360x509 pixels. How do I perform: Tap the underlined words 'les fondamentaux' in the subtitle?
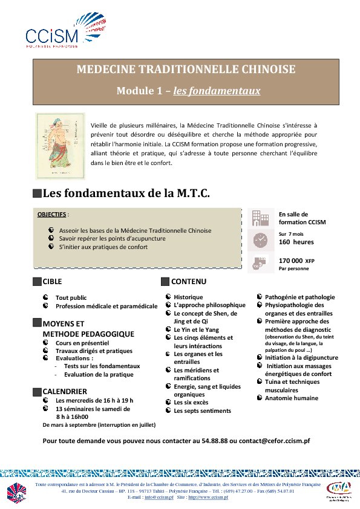click(x=217, y=91)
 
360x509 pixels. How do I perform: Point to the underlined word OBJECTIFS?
click(x=51, y=214)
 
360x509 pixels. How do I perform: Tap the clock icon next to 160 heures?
click(x=260, y=239)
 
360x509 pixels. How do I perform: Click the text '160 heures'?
click(x=292, y=242)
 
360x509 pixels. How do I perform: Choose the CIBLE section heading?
click(x=52, y=282)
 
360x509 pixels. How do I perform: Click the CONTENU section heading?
click(x=189, y=282)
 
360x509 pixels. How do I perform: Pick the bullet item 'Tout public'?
click(x=71, y=298)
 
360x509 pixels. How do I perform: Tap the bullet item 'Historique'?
click(x=188, y=297)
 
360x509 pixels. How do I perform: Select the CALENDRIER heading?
click(x=65, y=392)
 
